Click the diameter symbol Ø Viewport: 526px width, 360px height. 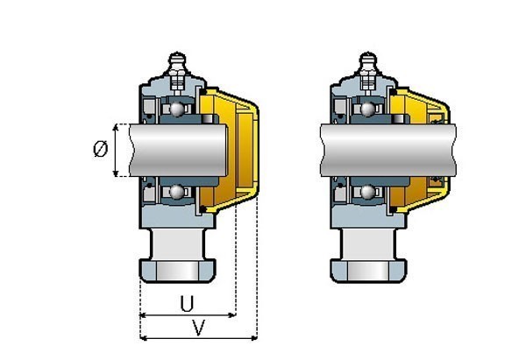[100, 149]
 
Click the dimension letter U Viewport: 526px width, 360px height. [188, 304]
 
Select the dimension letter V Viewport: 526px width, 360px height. [199, 328]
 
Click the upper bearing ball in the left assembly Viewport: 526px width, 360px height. [177, 109]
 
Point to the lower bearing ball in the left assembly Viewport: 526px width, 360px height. [177, 192]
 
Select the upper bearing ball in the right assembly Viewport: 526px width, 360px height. [368, 109]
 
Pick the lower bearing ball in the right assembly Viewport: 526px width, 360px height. [368, 192]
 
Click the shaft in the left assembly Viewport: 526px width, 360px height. [178, 150]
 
